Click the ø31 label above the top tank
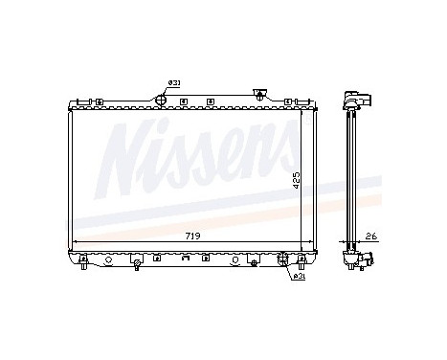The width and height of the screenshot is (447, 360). pyautogui.click(x=175, y=83)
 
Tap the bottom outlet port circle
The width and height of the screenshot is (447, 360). pyautogui.click(x=282, y=259)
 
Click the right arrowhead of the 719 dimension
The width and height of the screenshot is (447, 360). pyautogui.click(x=304, y=241)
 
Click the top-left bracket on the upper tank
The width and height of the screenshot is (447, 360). pyautogui.click(x=85, y=99)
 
